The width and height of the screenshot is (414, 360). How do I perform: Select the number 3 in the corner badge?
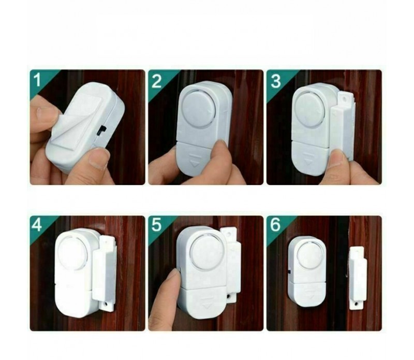(x=275, y=81)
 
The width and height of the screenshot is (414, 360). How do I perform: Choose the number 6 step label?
(x=275, y=227)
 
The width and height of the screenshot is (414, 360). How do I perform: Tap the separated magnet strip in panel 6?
(x=357, y=277)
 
